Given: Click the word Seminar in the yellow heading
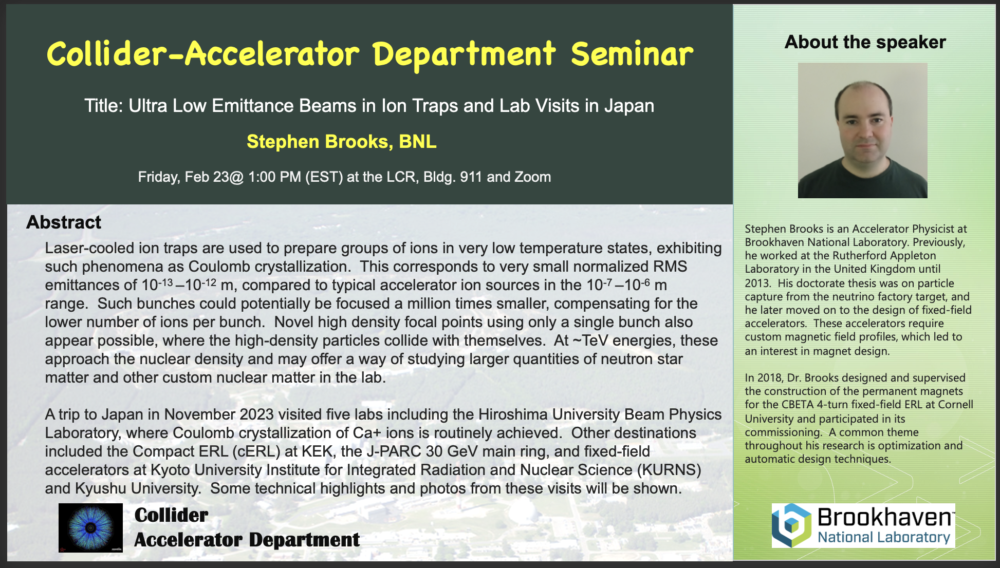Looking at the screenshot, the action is click(x=632, y=54).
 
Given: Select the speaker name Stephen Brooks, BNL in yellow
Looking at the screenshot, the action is click(x=342, y=142).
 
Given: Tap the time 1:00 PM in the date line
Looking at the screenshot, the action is click(x=275, y=177).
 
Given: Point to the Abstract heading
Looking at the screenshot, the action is click(x=64, y=222).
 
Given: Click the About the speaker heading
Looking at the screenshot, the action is click(x=865, y=42).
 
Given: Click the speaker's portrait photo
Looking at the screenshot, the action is click(x=863, y=130).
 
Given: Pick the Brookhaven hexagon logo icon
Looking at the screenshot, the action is click(x=792, y=525).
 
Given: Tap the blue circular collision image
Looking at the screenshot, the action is click(x=90, y=527).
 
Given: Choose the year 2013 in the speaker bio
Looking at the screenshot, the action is click(x=757, y=283).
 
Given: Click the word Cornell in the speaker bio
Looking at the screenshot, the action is click(x=956, y=405).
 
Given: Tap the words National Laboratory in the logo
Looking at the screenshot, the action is click(x=884, y=538).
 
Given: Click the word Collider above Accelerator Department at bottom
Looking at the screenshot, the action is click(x=171, y=515).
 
